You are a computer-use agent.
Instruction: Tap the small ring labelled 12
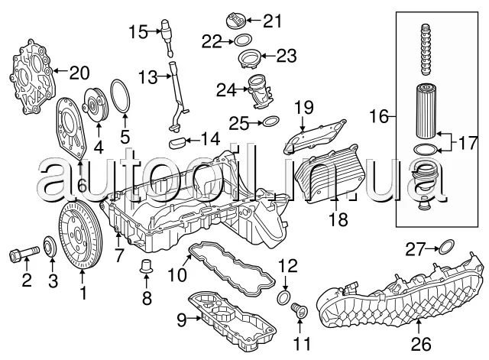click(283, 295)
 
